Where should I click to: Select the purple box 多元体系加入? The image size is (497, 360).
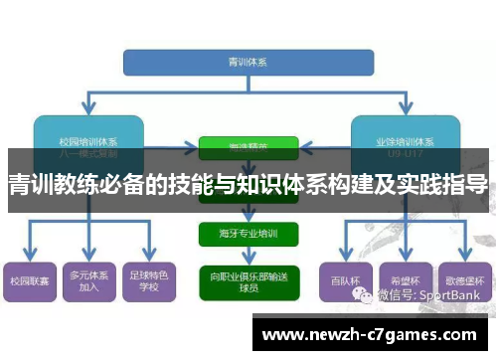[88, 280]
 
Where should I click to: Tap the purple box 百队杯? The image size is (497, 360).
[342, 280]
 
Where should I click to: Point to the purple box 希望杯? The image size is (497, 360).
[403, 280]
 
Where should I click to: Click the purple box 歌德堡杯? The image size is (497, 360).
[462, 280]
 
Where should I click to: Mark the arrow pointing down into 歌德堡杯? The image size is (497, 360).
[462, 249]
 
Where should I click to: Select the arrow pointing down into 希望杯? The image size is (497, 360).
[403, 249]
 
